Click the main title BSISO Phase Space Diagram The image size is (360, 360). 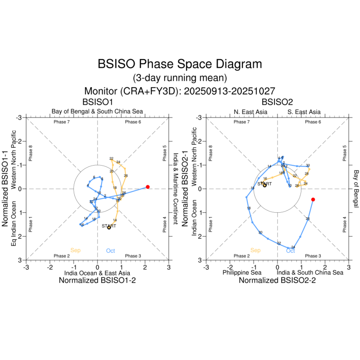click(x=180, y=64)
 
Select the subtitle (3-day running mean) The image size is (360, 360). click(x=180, y=78)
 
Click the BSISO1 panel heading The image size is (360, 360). click(x=97, y=102)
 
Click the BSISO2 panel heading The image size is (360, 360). click(x=277, y=102)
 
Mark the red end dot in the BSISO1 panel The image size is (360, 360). click(x=148, y=187)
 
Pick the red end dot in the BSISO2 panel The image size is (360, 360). click(x=313, y=200)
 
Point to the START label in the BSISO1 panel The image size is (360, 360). click(x=109, y=226)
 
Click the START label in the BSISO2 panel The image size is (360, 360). click(x=265, y=184)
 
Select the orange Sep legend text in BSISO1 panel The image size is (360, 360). click(x=75, y=250)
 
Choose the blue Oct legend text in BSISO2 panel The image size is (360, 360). click(x=291, y=251)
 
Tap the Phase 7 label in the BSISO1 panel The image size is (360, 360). click(x=62, y=122)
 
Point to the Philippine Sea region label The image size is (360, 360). click(x=242, y=273)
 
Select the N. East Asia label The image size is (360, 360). click(x=250, y=112)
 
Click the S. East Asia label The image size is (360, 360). click(x=304, y=112)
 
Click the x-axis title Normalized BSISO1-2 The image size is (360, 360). click(x=97, y=281)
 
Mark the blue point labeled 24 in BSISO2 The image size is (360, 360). click(x=293, y=248)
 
